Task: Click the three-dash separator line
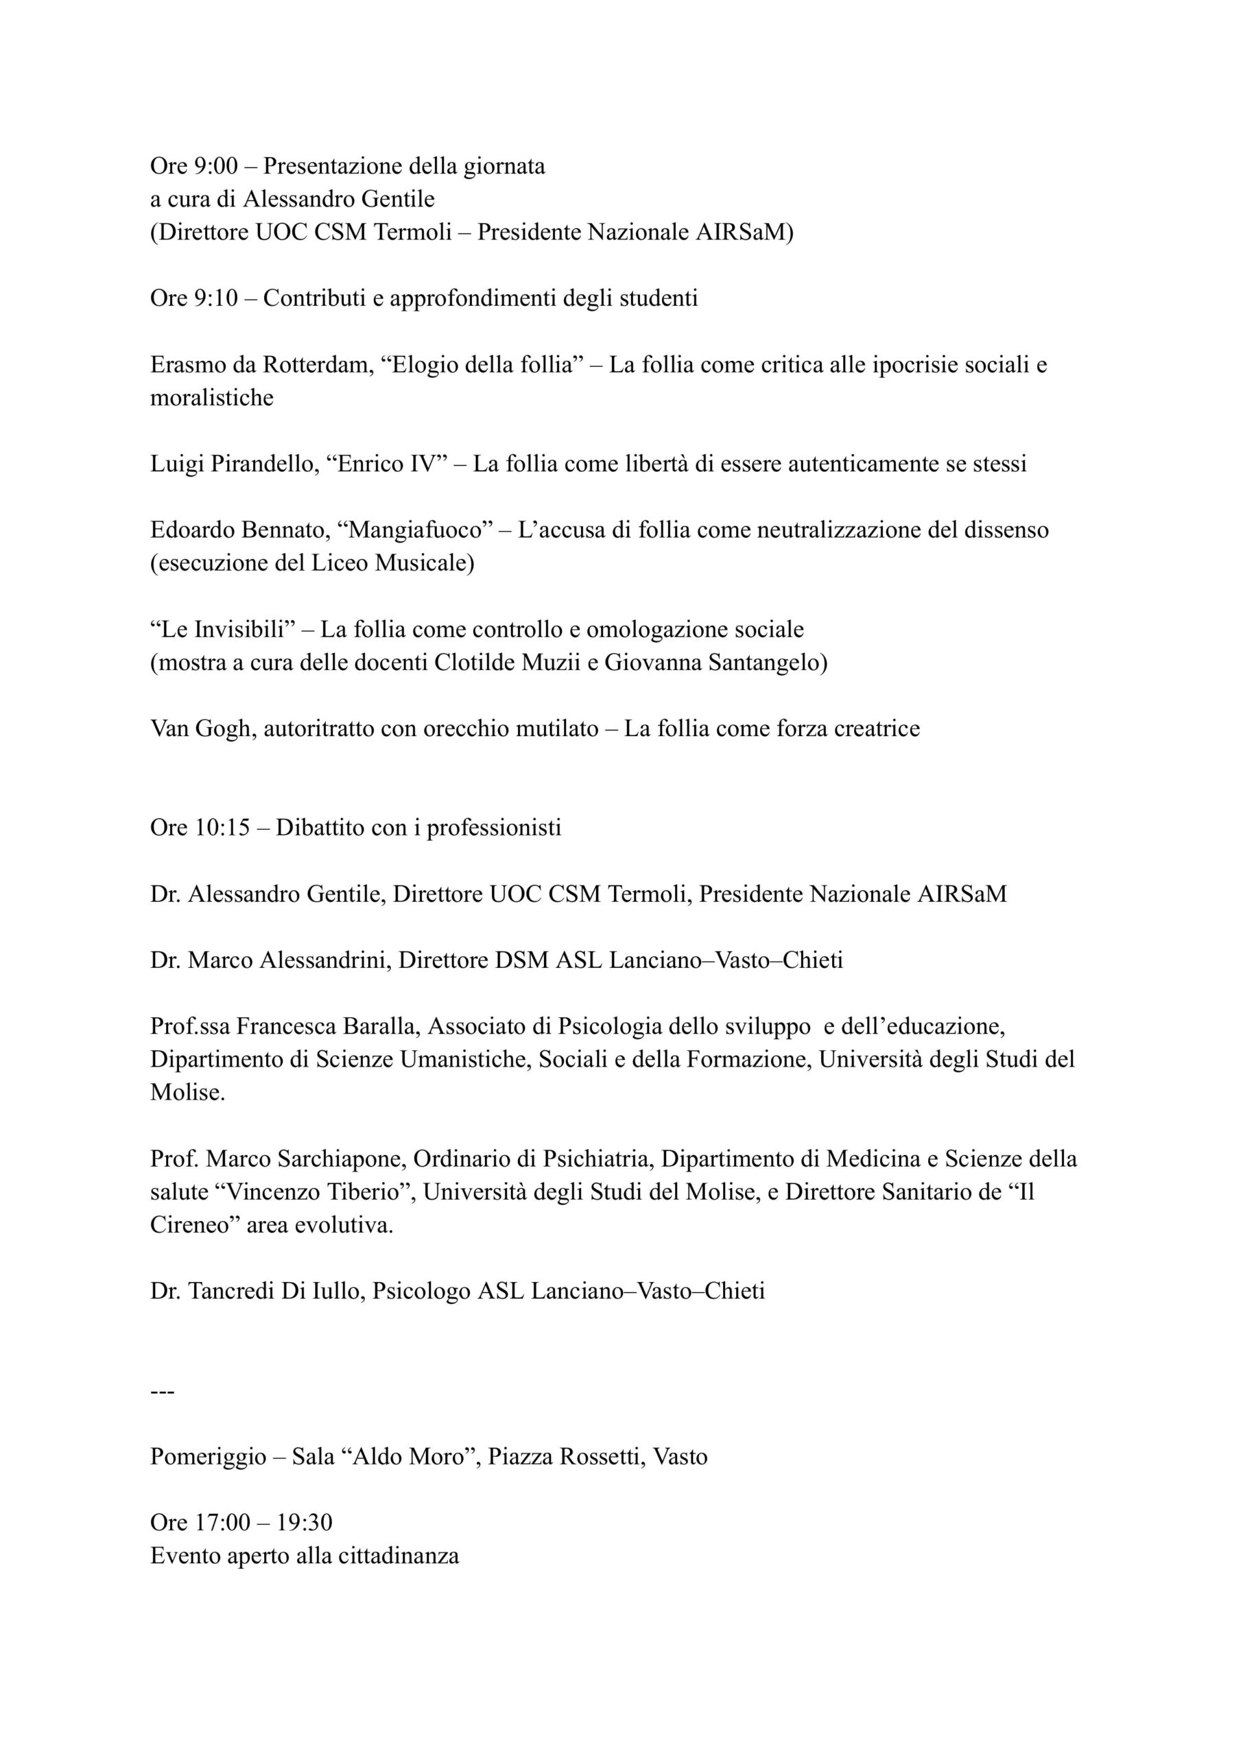[163, 1391]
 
